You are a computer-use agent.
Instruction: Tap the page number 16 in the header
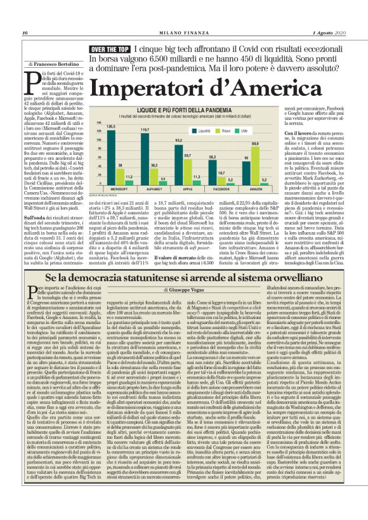25,32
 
